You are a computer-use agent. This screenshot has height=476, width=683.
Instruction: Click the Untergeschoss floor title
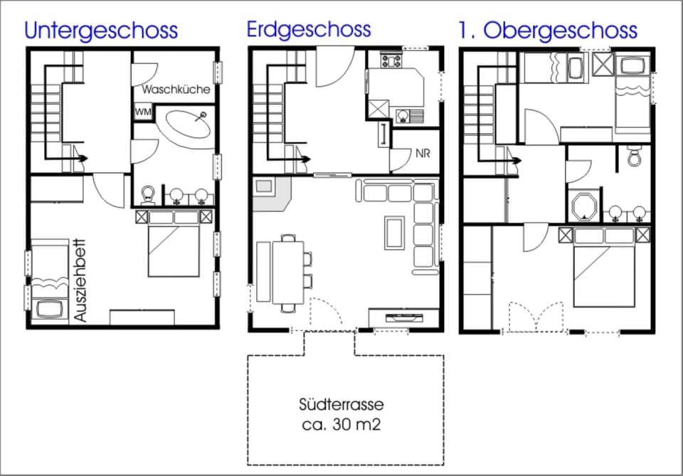100,31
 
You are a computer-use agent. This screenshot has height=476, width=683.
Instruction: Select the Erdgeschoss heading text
309,29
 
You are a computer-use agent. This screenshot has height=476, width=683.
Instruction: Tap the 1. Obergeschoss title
548,31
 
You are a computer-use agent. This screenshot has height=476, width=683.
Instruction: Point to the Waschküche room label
176,90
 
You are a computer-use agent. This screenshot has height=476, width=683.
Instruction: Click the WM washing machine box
143,112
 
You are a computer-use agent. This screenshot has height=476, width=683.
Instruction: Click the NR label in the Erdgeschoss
424,153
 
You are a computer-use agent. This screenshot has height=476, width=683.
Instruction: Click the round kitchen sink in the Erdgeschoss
404,114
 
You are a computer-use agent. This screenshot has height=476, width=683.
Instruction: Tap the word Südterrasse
341,406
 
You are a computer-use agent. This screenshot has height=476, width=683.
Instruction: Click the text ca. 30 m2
341,425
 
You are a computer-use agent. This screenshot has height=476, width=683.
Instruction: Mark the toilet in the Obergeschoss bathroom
635,156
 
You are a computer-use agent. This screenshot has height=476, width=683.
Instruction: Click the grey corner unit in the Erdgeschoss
272,191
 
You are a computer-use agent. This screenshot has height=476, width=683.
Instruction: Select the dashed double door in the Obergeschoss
536,316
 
